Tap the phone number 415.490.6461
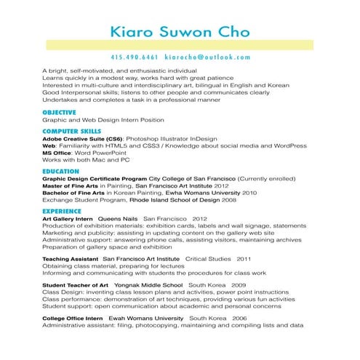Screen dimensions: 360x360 (135, 57)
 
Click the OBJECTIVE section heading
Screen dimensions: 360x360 (59, 112)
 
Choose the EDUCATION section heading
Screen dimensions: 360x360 (60, 171)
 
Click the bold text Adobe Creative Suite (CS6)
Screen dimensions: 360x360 (83, 137)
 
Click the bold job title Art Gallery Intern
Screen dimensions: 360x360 (68, 218)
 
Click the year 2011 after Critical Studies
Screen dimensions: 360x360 (244, 258)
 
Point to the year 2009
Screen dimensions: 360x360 (239, 285)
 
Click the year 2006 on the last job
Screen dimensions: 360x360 (240, 319)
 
